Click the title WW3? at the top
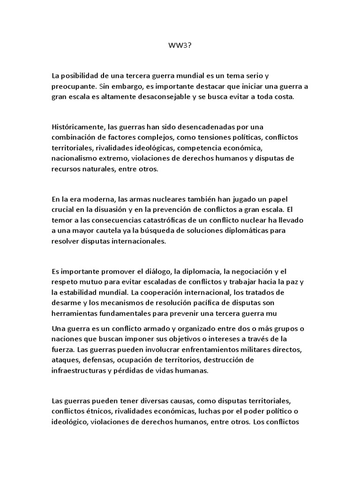click(x=180, y=46)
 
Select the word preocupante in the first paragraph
click(x=72, y=86)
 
